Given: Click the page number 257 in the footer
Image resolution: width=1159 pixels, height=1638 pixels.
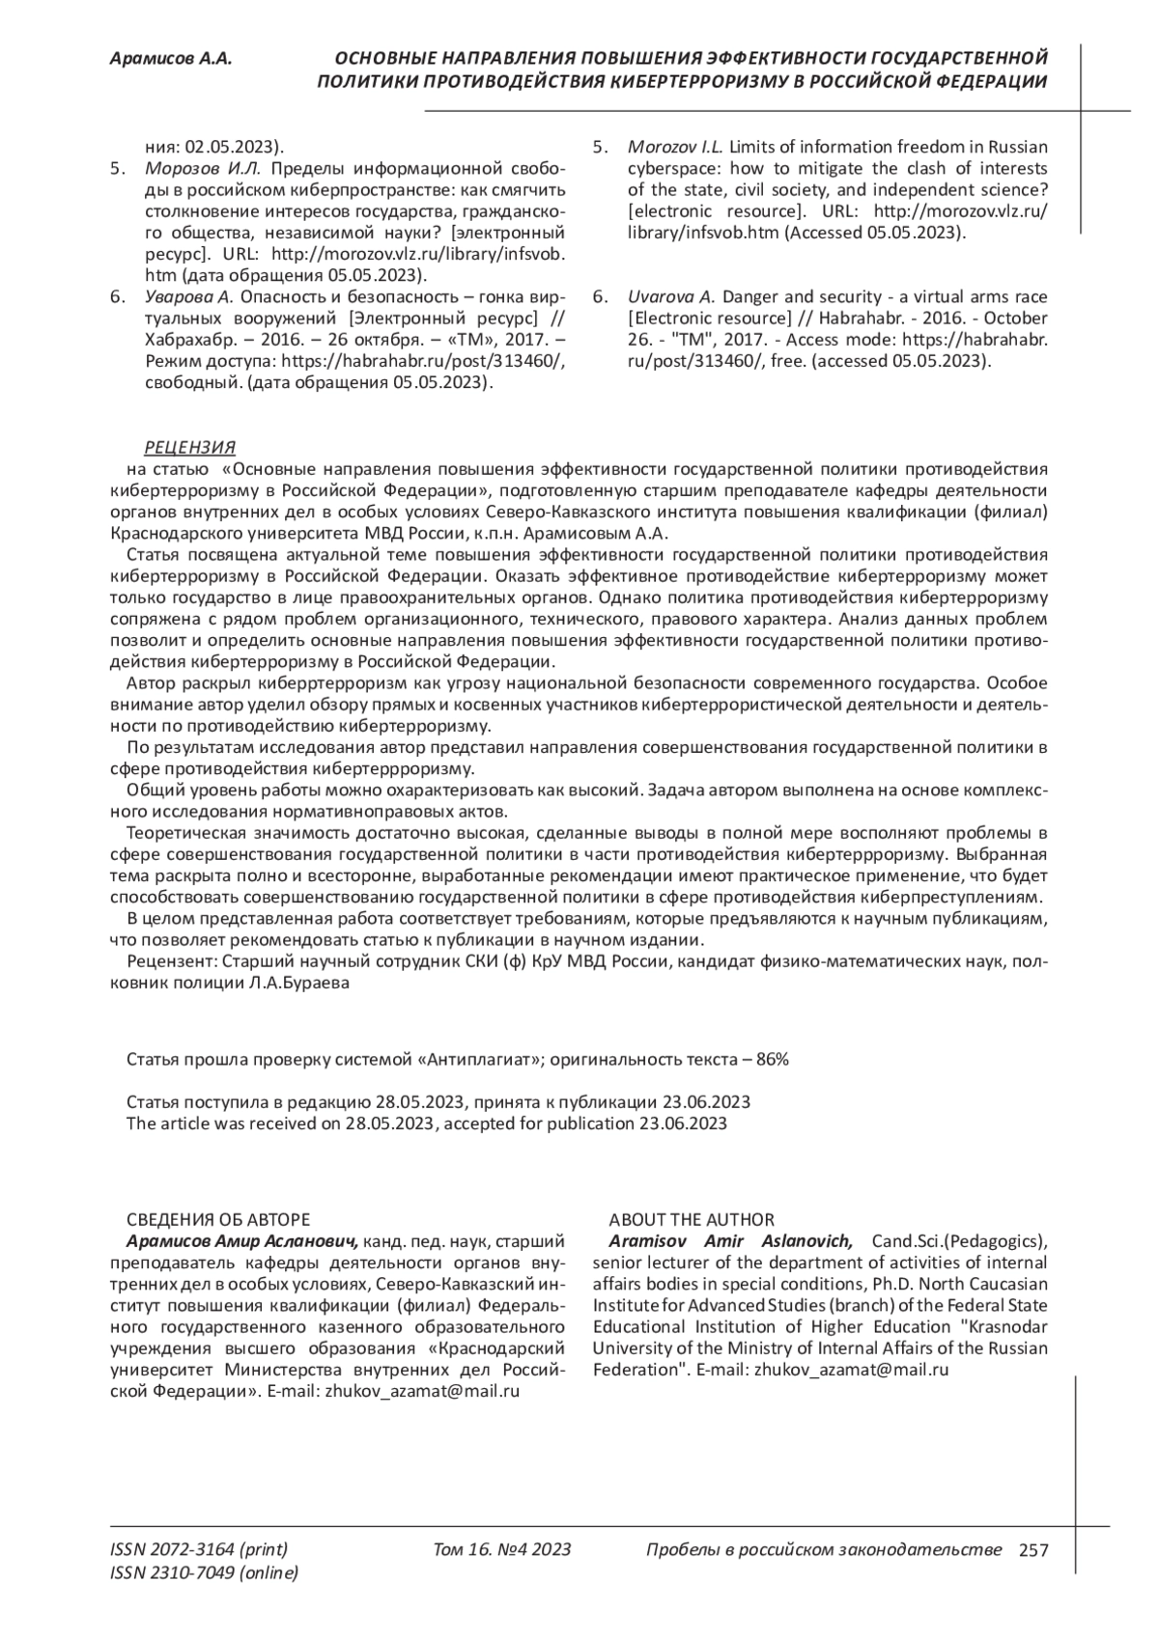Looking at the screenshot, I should [x=1033, y=1550].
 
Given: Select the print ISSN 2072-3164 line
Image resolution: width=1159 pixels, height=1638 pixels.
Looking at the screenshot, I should [x=199, y=1550].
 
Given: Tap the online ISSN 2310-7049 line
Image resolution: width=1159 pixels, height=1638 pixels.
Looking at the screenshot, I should [x=205, y=1573].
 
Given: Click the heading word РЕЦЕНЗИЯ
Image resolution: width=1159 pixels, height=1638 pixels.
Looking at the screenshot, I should [x=189, y=447].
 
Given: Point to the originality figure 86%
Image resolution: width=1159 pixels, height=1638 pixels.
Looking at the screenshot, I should [x=773, y=1059].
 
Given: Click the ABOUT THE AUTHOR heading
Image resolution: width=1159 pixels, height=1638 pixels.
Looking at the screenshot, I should [x=692, y=1219].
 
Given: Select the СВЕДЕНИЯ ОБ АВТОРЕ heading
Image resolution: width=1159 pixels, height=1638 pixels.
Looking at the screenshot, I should [x=218, y=1219].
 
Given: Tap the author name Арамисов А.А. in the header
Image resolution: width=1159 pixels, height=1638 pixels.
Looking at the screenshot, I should [x=171, y=59].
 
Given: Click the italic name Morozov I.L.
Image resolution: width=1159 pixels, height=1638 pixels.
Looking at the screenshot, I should [x=675, y=147].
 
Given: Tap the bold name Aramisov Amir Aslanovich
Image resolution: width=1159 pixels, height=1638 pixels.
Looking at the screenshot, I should [x=730, y=1241].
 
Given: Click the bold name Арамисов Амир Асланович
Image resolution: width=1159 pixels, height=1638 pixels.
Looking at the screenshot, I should [x=242, y=1241].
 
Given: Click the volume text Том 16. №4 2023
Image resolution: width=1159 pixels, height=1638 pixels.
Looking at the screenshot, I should [x=502, y=1550].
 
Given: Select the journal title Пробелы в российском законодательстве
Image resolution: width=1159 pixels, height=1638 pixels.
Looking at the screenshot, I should [x=823, y=1550].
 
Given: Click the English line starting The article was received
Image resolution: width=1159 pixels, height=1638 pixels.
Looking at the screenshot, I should [x=427, y=1123].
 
